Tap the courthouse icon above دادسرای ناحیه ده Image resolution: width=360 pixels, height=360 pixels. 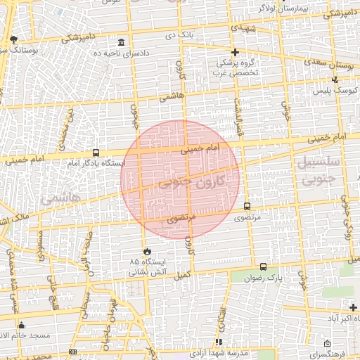point(122,42)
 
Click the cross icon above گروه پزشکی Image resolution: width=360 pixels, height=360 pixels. point(236,52)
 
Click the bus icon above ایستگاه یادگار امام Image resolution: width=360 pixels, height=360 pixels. point(96,153)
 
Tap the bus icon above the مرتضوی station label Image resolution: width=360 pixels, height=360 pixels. point(247,207)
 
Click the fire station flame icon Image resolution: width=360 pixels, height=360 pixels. point(147,251)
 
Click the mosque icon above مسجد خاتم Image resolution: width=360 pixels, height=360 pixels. point(22,326)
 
